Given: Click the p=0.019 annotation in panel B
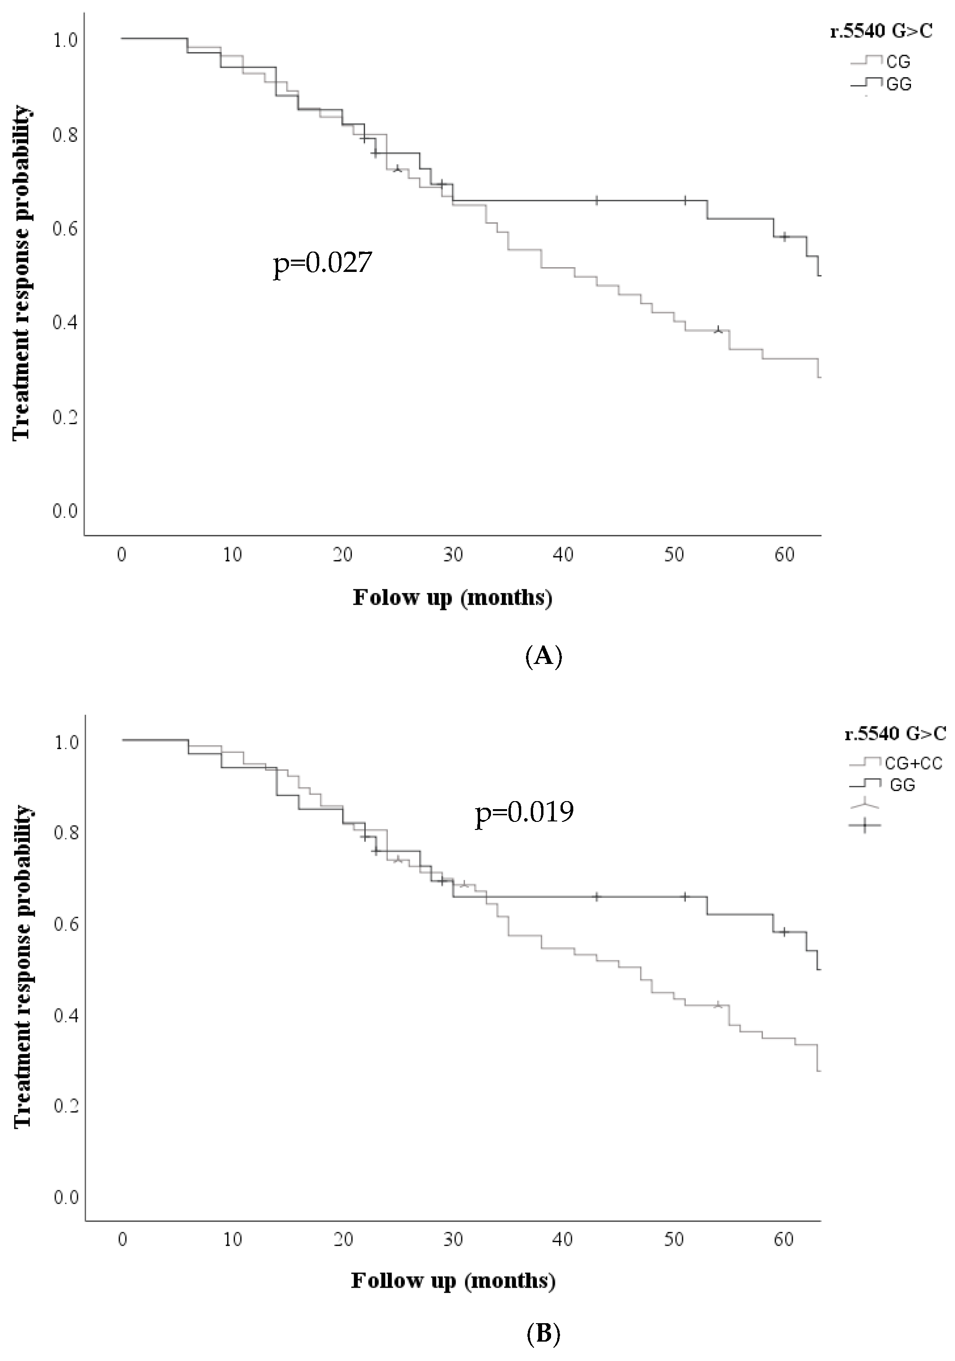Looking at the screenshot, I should [x=524, y=811].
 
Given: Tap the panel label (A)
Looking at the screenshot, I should [x=543, y=657].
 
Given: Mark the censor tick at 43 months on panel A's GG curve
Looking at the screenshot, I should [x=596, y=201].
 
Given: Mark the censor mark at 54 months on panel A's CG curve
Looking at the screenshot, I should [x=718, y=330].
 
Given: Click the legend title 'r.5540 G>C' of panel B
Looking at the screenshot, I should [x=895, y=734].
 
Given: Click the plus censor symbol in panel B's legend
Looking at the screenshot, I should [x=865, y=825].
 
